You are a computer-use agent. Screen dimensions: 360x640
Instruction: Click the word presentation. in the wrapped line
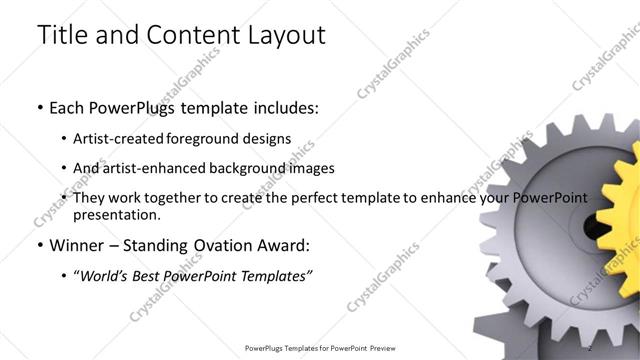[116, 215]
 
